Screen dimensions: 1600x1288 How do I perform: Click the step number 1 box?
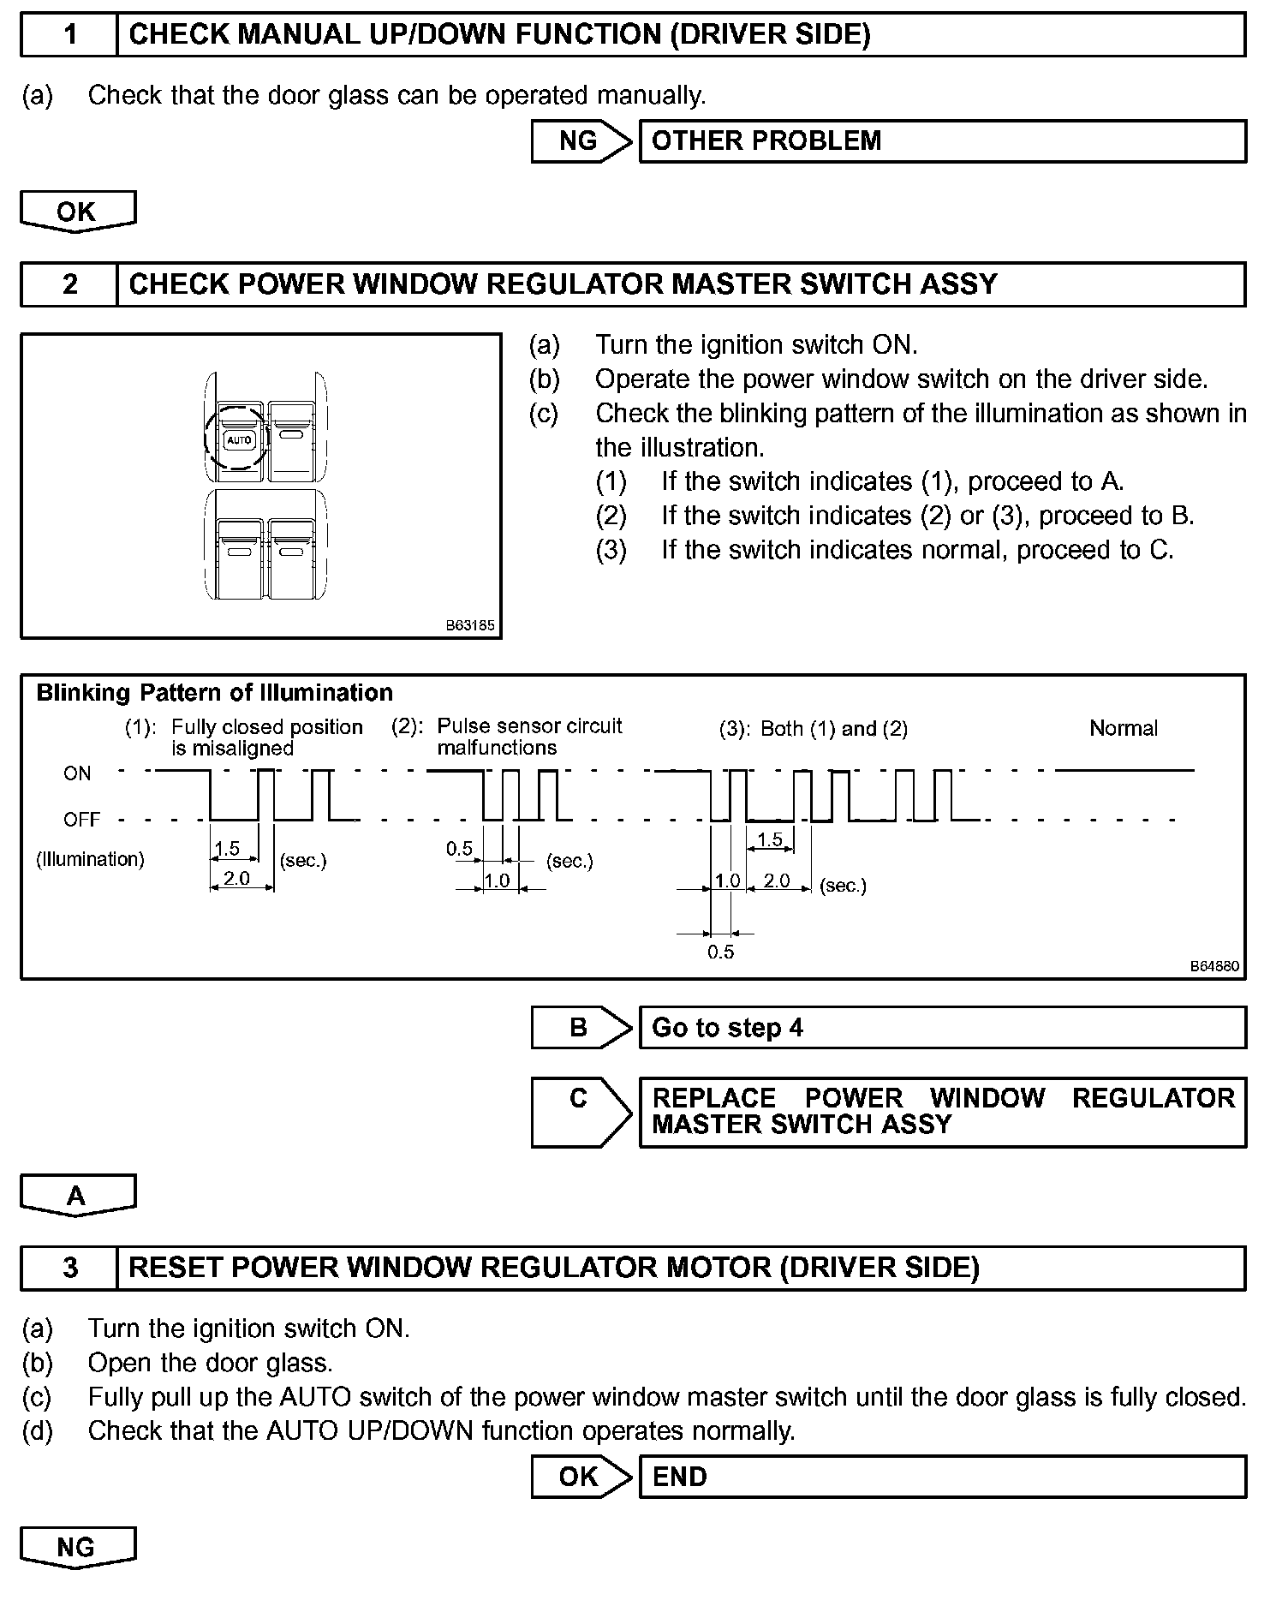click(x=69, y=35)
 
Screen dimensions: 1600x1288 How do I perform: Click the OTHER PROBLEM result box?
click(x=942, y=141)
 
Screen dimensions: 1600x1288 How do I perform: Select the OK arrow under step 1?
click(x=77, y=212)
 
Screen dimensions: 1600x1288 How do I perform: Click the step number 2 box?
click(x=69, y=284)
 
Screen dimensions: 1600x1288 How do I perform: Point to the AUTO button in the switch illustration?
click(x=239, y=440)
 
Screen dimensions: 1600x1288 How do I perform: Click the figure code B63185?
click(x=470, y=625)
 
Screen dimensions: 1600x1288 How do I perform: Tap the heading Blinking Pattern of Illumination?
click(x=214, y=692)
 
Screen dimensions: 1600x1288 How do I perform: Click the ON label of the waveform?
click(x=77, y=773)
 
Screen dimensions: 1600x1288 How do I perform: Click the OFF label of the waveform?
click(x=81, y=820)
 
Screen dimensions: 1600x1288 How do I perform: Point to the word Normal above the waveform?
click(x=1123, y=729)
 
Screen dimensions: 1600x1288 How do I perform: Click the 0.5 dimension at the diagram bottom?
click(x=720, y=952)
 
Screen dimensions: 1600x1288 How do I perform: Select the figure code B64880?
click(x=1213, y=966)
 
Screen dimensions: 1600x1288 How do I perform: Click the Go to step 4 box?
click(x=942, y=1028)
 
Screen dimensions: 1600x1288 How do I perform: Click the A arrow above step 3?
click(x=77, y=1196)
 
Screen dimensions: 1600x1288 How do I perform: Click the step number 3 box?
click(x=69, y=1268)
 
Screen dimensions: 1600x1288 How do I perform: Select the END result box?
click(x=942, y=1477)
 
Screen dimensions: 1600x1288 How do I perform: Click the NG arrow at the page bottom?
click(x=77, y=1548)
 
